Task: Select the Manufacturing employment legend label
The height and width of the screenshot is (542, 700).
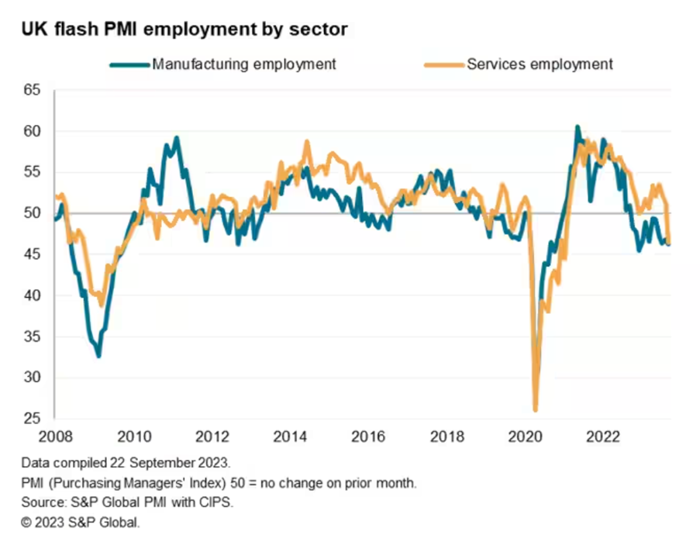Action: tap(244, 64)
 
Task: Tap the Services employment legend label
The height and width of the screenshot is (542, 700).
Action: tap(540, 64)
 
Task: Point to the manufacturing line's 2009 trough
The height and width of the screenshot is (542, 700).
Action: tap(98, 356)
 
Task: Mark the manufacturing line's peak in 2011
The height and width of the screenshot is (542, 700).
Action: tap(177, 138)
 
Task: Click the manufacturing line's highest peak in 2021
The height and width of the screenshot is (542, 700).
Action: tap(577, 126)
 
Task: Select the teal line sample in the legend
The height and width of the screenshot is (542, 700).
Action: tap(128, 64)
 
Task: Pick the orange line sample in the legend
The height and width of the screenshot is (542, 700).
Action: tap(442, 64)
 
